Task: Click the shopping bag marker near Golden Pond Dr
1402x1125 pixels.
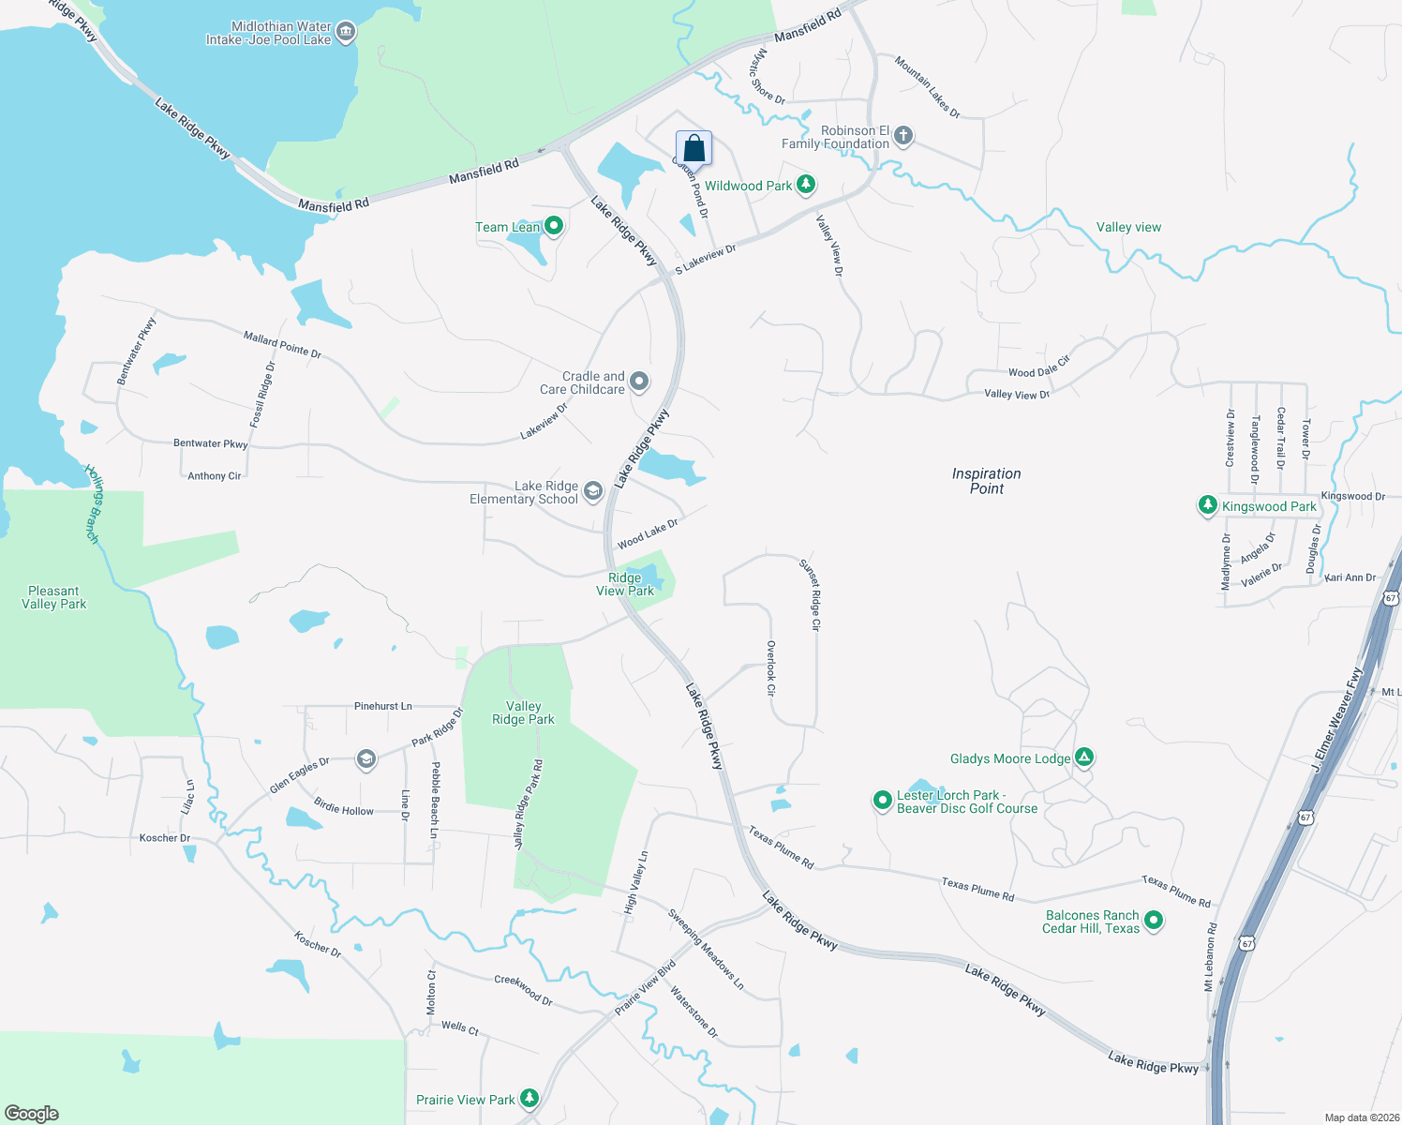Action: pyautogui.click(x=694, y=148)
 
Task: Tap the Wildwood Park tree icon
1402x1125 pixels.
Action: pyautogui.click(x=805, y=185)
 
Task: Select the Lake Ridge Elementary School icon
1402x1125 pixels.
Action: pyautogui.click(x=592, y=490)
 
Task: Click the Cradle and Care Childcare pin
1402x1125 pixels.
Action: pyautogui.click(x=639, y=382)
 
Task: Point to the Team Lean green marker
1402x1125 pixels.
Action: pyautogui.click(x=554, y=226)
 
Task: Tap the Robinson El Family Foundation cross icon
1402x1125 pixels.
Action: pyautogui.click(x=903, y=136)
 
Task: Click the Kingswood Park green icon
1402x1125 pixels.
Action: pyautogui.click(x=1207, y=505)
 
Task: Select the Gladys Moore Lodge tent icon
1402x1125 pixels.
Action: pyautogui.click(x=1084, y=757)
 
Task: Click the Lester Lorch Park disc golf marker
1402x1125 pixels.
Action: pyautogui.click(x=882, y=800)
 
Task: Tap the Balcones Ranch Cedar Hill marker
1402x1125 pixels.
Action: pyautogui.click(x=1154, y=921)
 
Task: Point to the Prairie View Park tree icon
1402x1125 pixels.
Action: pyautogui.click(x=529, y=1098)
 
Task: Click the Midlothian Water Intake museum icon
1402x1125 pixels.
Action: pyautogui.click(x=346, y=33)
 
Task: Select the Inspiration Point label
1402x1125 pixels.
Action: pyautogui.click(x=987, y=481)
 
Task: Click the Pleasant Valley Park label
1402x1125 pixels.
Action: pyautogui.click(x=54, y=597)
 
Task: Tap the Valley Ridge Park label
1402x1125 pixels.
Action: pyautogui.click(x=523, y=712)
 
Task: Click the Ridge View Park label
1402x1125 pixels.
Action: pyautogui.click(x=625, y=584)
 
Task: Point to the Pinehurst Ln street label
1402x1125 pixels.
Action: pyautogui.click(x=382, y=706)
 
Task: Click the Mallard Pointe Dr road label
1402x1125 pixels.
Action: pyautogui.click(x=282, y=344)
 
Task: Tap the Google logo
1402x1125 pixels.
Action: pyautogui.click(x=32, y=1113)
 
